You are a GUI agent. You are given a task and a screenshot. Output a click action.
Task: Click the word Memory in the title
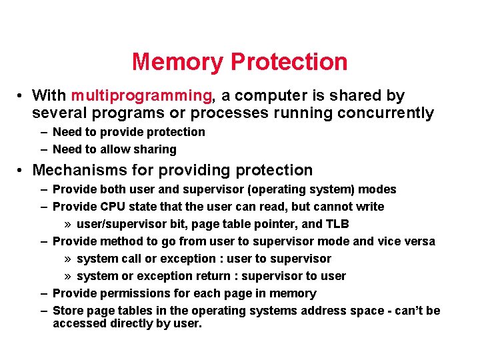point(178,62)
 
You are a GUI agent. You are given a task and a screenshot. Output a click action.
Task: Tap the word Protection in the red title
point(289,62)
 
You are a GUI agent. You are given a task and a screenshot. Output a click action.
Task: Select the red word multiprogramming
point(141,96)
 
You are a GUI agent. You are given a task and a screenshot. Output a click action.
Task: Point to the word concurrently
point(385,113)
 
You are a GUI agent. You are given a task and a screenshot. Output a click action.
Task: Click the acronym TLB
point(337,224)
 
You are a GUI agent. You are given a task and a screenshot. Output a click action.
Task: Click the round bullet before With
point(22,96)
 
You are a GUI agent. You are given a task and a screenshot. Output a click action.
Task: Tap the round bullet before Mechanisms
point(22,171)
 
